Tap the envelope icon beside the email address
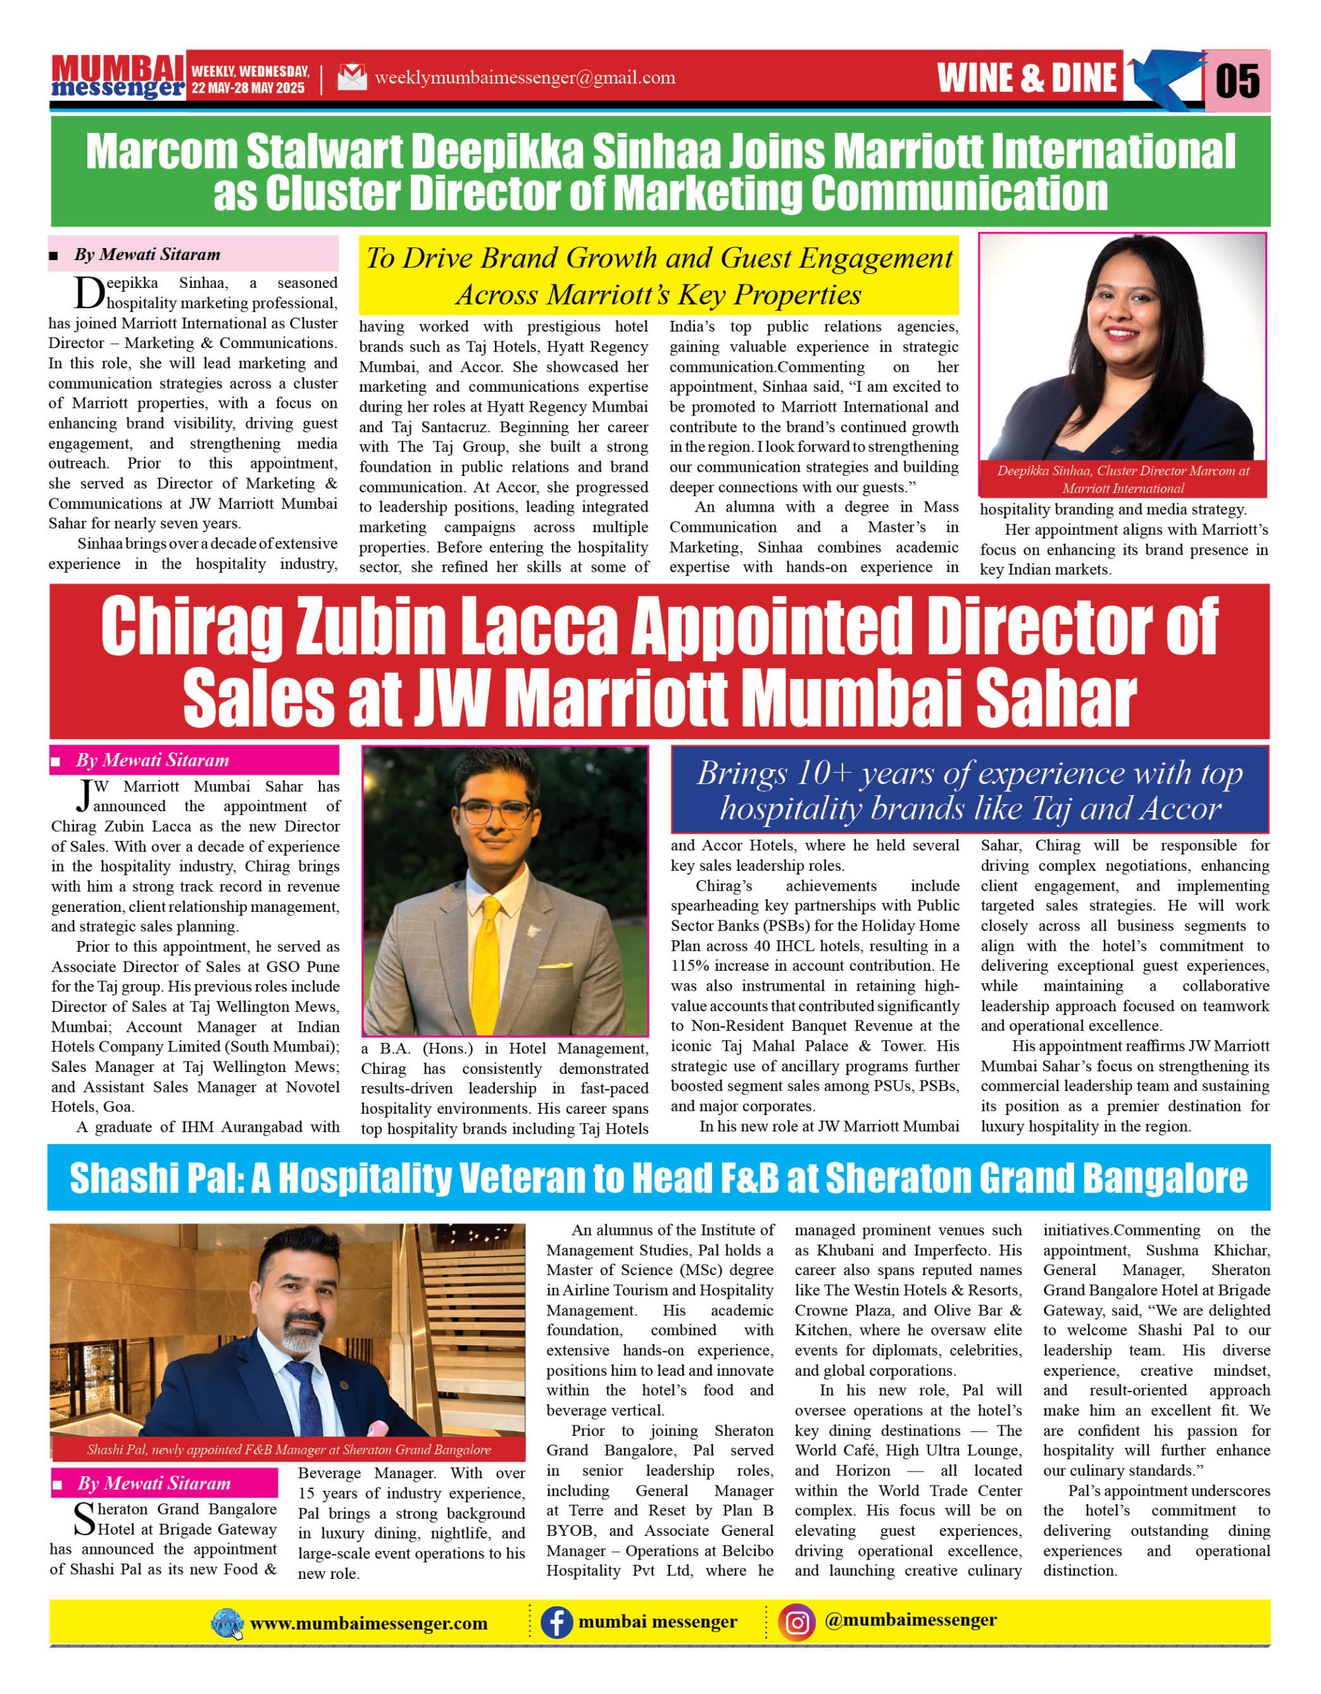click(x=352, y=77)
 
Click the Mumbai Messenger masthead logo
click(x=118, y=77)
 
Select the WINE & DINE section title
click(x=1027, y=77)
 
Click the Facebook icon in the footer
click(x=556, y=1622)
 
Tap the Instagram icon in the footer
click(x=797, y=1622)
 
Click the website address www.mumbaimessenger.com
click(x=369, y=1623)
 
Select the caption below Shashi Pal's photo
click(x=289, y=1450)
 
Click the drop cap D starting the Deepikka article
click(x=89, y=293)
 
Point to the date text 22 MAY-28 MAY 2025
click(x=248, y=87)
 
